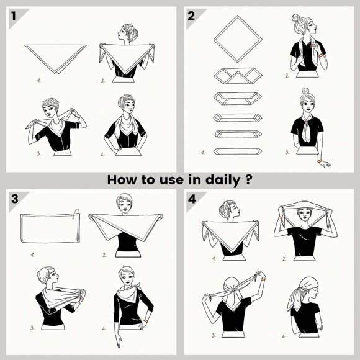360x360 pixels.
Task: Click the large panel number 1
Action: point(14,16)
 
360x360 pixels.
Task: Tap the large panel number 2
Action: point(191,16)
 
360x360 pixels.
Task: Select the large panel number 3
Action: point(14,199)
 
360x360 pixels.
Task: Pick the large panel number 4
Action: point(192,199)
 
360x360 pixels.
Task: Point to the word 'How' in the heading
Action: point(121,180)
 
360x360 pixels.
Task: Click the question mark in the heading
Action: point(249,179)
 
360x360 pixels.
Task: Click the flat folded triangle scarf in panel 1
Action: point(55,59)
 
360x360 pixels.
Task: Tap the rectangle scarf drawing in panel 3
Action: point(50,228)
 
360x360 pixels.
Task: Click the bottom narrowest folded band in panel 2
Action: point(238,151)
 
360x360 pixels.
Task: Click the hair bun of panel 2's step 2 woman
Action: point(295,17)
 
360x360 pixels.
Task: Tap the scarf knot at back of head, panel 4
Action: point(233,290)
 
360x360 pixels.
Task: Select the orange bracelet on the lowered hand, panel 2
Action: point(320,161)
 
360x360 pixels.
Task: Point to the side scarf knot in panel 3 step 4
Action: point(137,286)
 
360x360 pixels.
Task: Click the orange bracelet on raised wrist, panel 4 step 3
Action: point(263,279)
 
